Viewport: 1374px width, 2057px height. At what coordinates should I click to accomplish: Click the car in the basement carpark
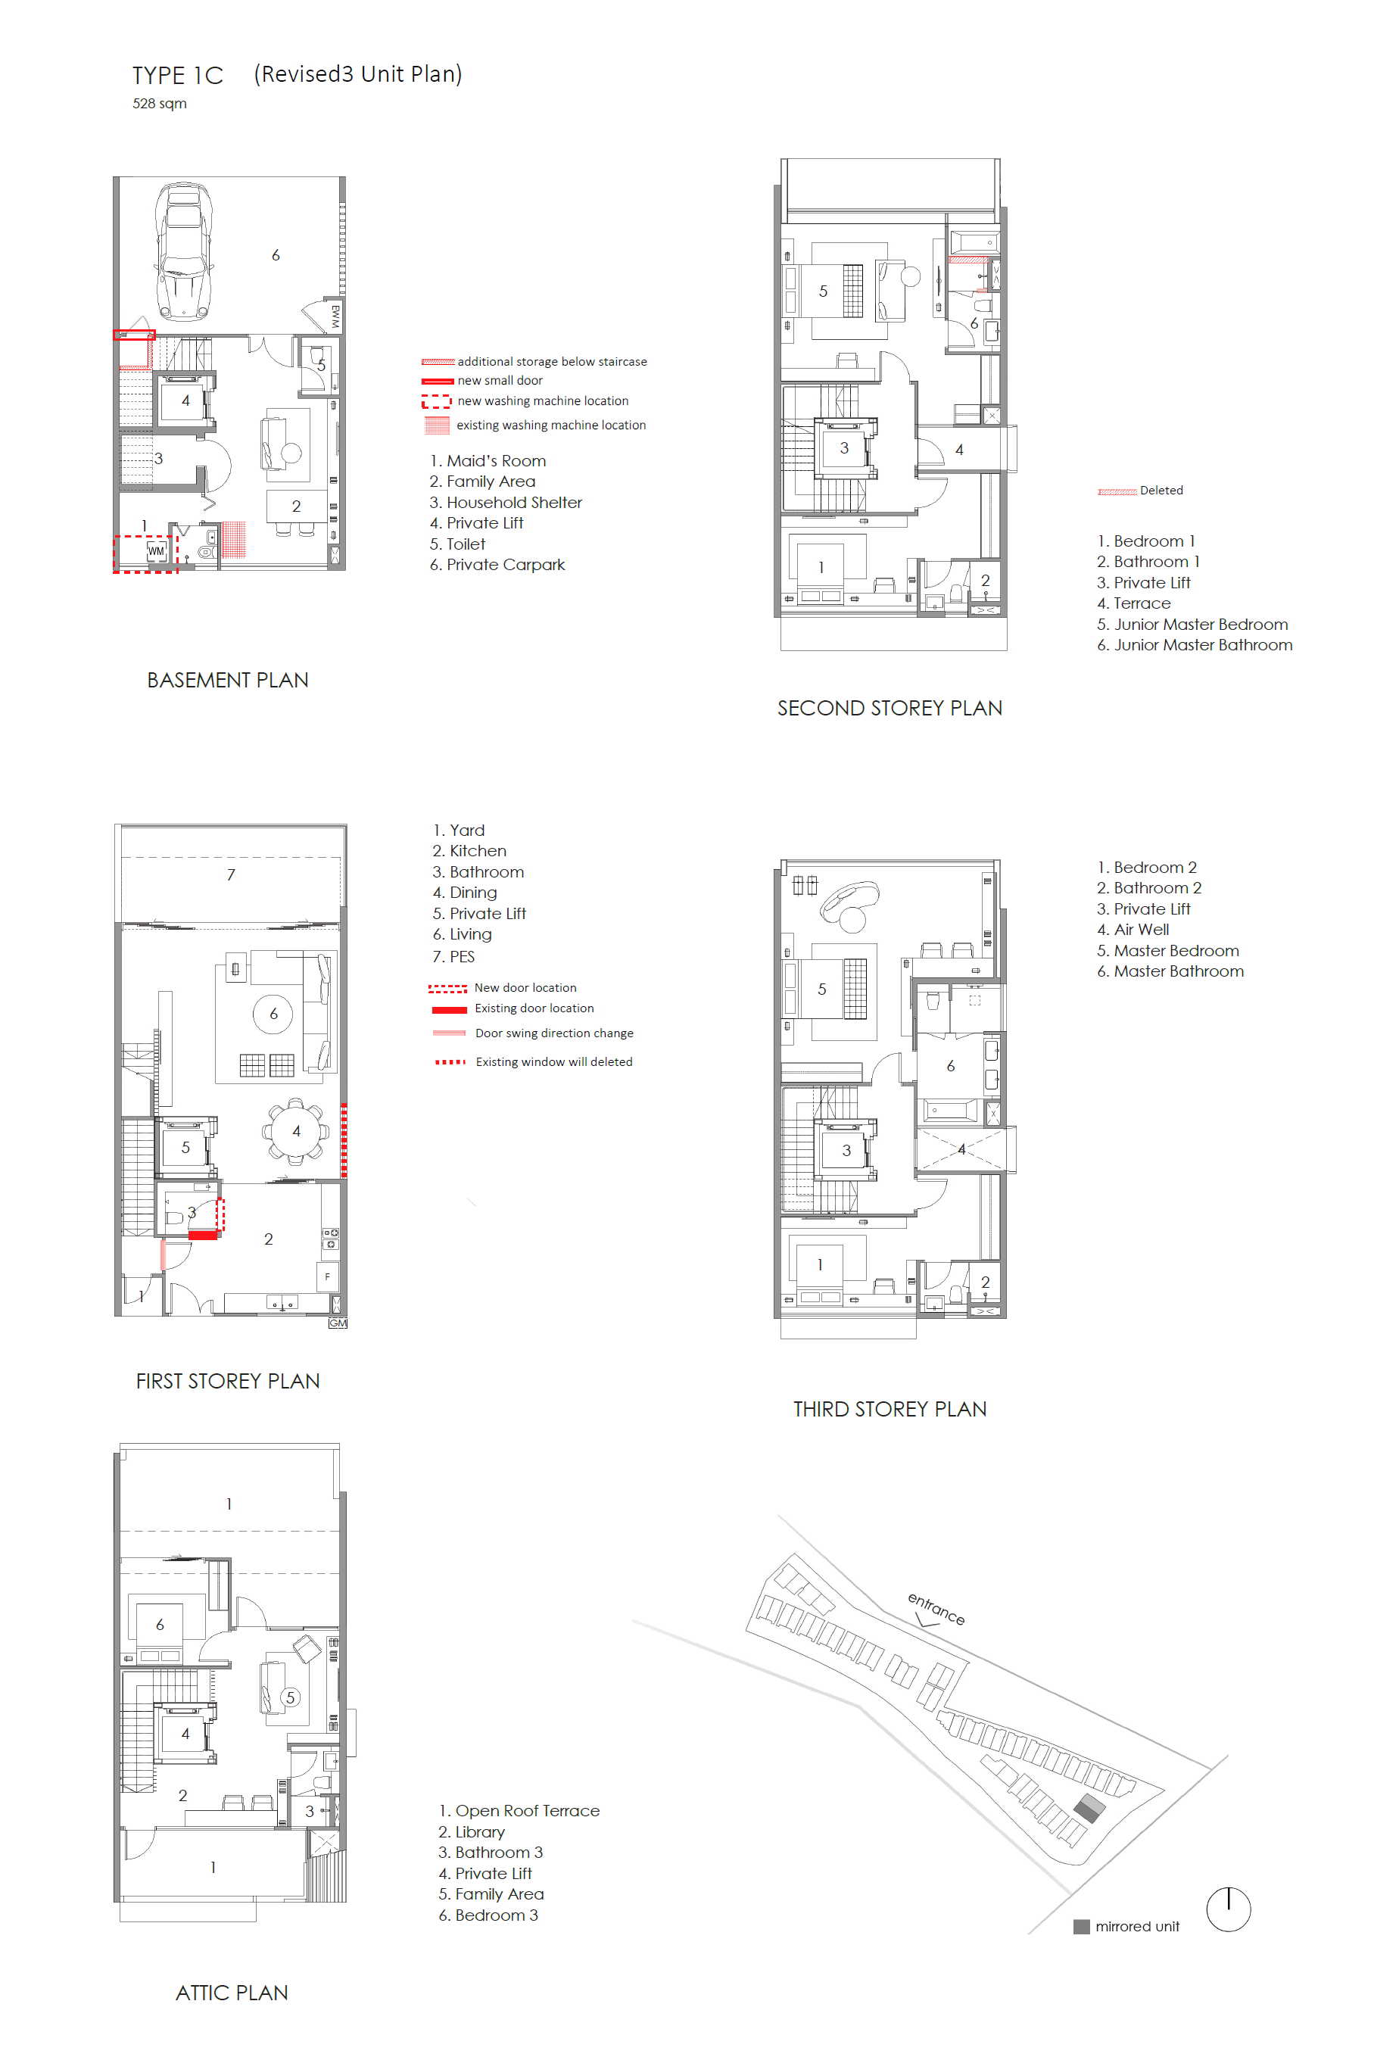pos(184,251)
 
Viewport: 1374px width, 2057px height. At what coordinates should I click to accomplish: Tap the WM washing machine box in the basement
pos(156,550)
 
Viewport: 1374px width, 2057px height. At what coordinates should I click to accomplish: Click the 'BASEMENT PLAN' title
pos(228,680)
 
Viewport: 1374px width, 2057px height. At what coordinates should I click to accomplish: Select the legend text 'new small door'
pos(500,380)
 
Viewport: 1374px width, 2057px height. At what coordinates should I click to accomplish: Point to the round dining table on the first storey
pos(296,1130)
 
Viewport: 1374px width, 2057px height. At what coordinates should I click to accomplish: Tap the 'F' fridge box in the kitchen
pos(328,1276)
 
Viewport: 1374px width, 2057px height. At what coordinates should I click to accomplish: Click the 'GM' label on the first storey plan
pos(338,1323)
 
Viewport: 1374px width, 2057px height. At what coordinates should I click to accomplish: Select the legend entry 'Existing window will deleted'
pos(554,1061)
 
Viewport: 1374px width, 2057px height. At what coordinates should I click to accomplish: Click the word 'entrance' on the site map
pos(936,1608)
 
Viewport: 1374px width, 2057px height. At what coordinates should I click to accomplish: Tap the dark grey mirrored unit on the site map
pos(1089,1808)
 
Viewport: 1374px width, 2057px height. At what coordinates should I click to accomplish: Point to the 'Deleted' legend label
pos(1161,490)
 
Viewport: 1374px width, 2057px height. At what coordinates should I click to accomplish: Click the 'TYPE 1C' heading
pos(178,76)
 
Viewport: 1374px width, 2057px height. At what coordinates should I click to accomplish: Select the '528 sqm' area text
pos(160,104)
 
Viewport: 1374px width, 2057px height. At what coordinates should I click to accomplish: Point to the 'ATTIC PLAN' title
pos(232,1993)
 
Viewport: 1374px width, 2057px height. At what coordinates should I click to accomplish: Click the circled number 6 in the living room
pos(273,1014)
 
